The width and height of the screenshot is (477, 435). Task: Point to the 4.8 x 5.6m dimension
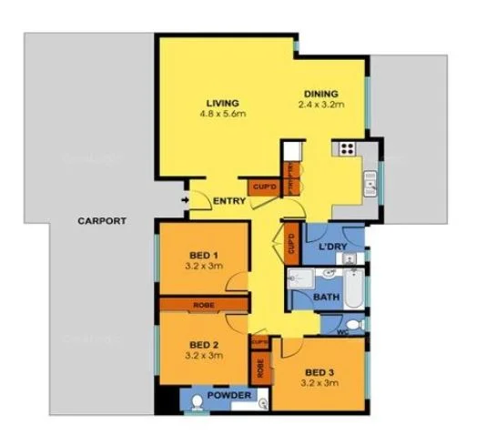(222, 114)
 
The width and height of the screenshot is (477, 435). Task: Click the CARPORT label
(101, 221)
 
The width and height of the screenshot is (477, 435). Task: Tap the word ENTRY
(228, 201)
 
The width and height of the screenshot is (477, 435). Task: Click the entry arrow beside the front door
(187, 199)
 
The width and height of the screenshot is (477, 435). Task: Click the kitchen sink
(371, 187)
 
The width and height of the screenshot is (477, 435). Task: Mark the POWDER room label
(228, 397)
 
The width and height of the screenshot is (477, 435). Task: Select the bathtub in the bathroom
(353, 289)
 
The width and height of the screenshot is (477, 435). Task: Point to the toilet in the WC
(356, 324)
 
